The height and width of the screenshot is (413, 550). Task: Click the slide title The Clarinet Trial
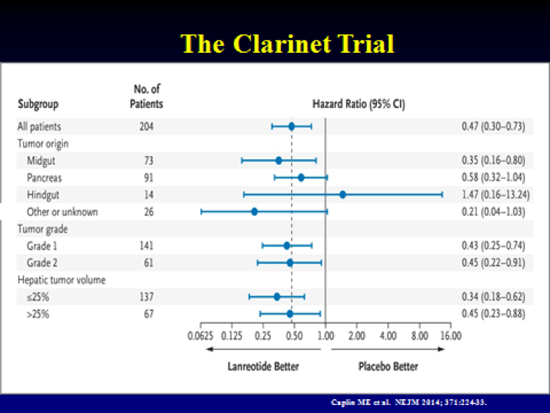pos(287,44)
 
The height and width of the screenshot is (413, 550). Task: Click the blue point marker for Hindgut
pos(342,194)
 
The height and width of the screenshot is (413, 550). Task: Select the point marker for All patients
pos(291,126)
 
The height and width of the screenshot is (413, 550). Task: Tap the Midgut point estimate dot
pos(279,161)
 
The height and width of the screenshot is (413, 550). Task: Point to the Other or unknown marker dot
pos(254,211)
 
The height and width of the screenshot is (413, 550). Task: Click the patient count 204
pos(147,126)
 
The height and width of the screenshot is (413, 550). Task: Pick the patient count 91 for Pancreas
pos(149,178)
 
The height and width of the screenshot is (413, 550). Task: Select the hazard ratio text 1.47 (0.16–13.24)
pos(496,194)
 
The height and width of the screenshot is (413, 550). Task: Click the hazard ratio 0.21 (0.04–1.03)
pos(494,211)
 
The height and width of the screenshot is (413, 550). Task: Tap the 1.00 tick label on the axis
pos(326,336)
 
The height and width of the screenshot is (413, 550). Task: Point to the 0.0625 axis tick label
pos(200,336)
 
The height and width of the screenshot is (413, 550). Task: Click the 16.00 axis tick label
pos(451,336)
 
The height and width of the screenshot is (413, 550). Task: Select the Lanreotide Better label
pos(263,366)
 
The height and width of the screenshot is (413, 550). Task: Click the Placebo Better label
pos(388,366)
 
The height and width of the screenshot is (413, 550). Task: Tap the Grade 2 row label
pos(42,263)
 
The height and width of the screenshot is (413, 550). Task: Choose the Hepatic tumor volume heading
pos(62,280)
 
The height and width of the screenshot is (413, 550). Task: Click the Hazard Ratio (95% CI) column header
pos(359,104)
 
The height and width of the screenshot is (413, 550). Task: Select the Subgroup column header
pos(38,104)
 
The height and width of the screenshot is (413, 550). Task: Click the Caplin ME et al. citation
pos(408,402)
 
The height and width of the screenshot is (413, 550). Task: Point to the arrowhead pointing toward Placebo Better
pos(441,348)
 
